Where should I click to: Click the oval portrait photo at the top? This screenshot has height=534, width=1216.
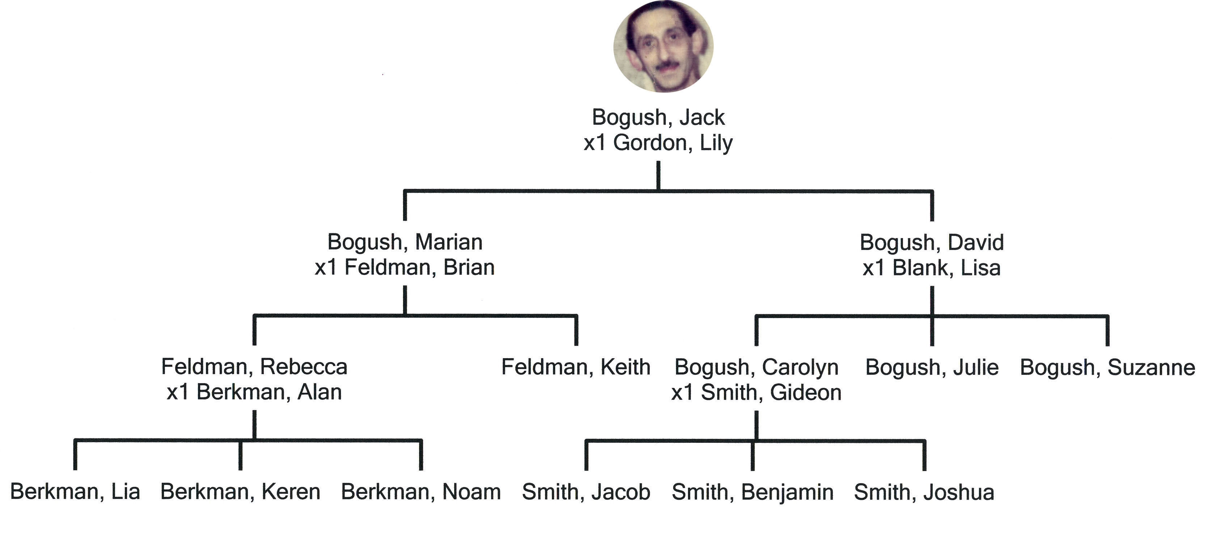tap(663, 46)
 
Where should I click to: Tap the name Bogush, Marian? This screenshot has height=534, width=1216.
tap(405, 242)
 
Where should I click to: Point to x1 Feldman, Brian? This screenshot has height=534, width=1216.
tap(405, 267)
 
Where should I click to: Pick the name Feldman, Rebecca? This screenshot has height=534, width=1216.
tap(254, 367)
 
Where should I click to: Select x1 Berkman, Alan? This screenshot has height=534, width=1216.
tap(254, 392)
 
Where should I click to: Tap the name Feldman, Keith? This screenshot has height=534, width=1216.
tap(576, 367)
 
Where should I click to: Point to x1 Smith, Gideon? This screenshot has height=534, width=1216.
tap(756, 393)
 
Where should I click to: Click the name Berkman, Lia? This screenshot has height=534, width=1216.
tap(75, 492)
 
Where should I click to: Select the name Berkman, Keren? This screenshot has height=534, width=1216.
tap(240, 492)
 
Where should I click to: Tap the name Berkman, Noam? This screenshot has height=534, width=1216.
tap(421, 492)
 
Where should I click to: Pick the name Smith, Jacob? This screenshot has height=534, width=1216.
tap(586, 492)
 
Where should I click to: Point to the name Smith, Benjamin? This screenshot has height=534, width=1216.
tap(752, 492)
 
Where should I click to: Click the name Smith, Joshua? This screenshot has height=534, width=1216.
tap(924, 492)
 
